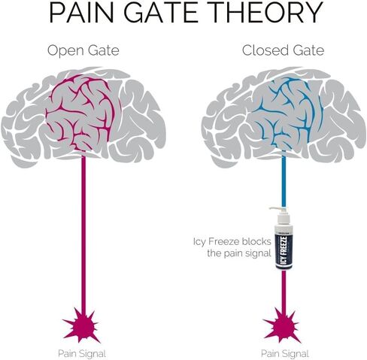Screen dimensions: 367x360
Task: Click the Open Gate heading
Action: (83, 51)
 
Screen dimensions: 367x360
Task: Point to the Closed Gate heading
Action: (283, 50)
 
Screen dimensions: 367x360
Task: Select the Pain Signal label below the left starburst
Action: (82, 354)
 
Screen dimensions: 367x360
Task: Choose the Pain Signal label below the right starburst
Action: (285, 354)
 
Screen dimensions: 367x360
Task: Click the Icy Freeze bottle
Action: (284, 239)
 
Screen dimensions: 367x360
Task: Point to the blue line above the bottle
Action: (284, 180)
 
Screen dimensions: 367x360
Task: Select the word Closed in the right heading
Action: (264, 50)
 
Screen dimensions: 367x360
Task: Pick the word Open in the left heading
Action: (65, 51)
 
